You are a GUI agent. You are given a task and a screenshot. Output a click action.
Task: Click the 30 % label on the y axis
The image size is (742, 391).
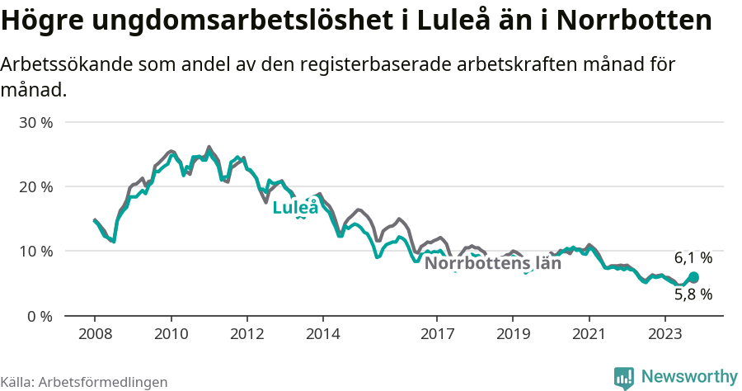pyautogui.click(x=35, y=122)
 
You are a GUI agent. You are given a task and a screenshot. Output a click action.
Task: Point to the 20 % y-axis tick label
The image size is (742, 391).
pyautogui.click(x=35, y=186)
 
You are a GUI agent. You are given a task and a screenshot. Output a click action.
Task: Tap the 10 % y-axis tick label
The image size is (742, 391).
pyautogui.click(x=35, y=251)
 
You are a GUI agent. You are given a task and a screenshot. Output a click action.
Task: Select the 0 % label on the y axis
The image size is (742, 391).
pyautogui.click(x=40, y=316)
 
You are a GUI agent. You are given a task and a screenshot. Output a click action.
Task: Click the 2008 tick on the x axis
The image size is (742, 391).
pyautogui.click(x=95, y=334)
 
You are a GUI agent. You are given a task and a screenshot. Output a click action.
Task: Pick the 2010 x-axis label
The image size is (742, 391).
pyautogui.click(x=171, y=334)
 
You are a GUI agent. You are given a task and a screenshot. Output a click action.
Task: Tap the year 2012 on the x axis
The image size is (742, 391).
pyautogui.click(x=247, y=334)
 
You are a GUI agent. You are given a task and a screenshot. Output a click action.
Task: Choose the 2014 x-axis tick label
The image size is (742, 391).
pyautogui.click(x=322, y=334)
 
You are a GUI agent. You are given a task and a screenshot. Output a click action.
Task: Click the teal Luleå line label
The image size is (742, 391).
pyautogui.click(x=295, y=207)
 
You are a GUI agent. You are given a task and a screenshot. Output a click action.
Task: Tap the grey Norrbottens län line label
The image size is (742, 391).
pyautogui.click(x=492, y=264)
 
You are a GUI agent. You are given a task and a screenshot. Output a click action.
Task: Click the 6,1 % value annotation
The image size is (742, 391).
pyautogui.click(x=693, y=258)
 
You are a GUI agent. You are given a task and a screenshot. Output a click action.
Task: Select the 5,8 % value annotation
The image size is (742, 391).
pyautogui.click(x=693, y=294)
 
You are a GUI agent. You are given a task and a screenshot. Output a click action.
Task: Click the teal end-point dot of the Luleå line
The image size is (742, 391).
pyautogui.click(x=693, y=277)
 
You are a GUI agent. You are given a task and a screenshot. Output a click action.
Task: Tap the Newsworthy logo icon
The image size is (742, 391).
pyautogui.click(x=624, y=377)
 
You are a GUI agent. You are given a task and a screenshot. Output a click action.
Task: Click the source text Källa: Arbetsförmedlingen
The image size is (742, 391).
pyautogui.click(x=84, y=382)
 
